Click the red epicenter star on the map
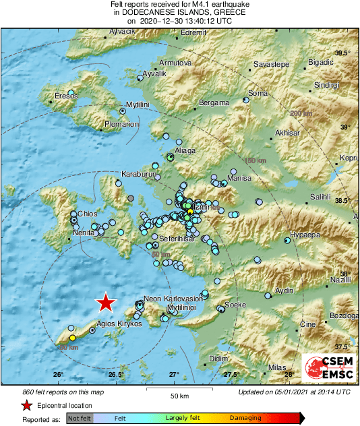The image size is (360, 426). (105, 303)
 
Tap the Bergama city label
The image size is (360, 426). (214, 104)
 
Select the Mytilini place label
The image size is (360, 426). (138, 104)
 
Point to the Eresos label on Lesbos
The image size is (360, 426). (66, 95)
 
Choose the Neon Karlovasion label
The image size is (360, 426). (174, 299)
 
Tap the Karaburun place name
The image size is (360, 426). (139, 174)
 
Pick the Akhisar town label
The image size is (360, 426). (288, 133)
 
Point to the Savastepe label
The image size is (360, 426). (271, 64)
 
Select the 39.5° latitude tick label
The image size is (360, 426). (343, 53)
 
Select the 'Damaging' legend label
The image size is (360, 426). (245, 419)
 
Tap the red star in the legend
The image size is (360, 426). (26, 405)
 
